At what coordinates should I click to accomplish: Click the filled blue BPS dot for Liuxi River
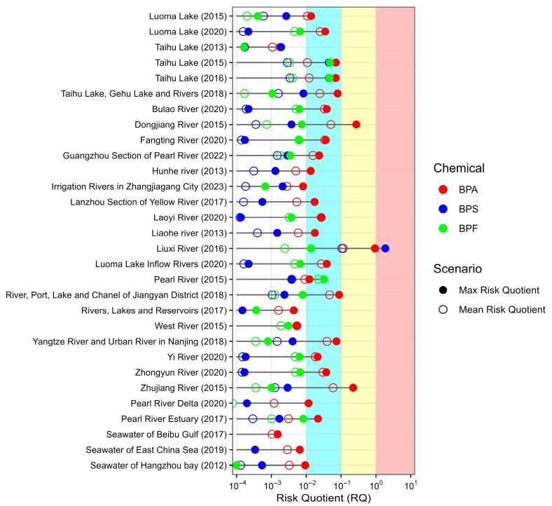385,248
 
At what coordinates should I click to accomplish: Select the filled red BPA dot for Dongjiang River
356,124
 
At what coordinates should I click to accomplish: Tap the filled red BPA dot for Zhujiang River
353,388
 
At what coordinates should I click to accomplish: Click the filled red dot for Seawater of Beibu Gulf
277,434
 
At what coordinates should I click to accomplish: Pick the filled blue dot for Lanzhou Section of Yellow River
262,202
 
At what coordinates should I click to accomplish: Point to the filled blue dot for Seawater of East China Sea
255,449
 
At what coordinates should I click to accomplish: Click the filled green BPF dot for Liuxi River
311,248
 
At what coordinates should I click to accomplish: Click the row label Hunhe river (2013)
189,171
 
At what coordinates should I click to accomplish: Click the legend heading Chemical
459,168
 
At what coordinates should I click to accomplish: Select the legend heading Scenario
459,268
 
